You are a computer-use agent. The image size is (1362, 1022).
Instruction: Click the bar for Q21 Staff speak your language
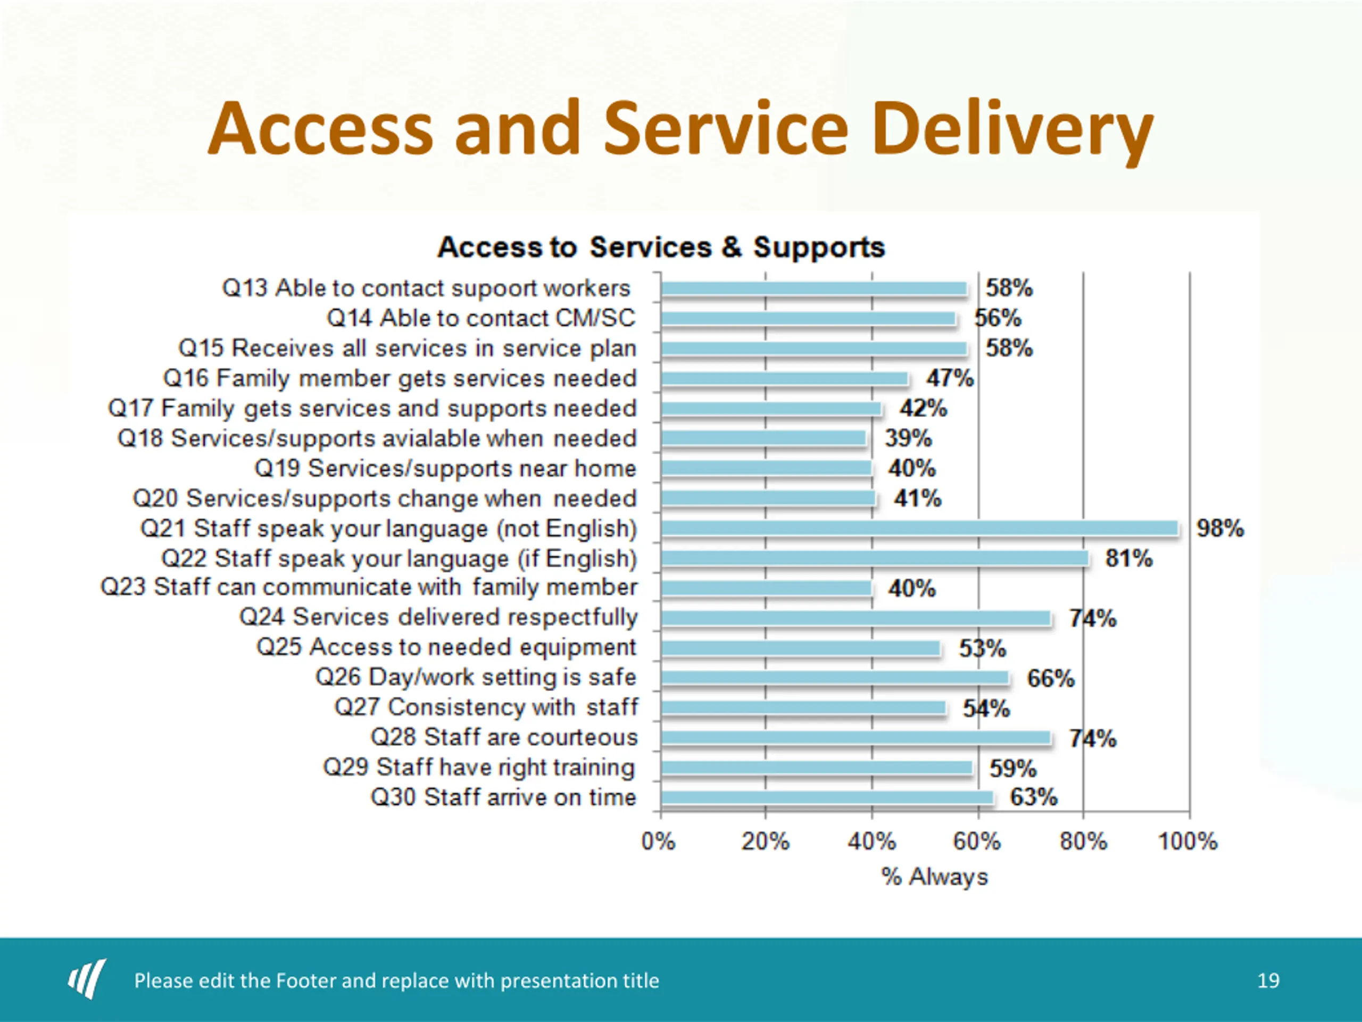[919, 528]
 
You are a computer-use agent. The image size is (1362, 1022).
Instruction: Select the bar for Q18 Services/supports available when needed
[763, 438]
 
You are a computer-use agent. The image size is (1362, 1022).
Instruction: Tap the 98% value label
[1220, 529]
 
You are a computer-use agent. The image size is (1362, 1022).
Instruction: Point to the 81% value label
[1128, 559]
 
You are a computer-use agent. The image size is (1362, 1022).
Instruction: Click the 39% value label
[908, 438]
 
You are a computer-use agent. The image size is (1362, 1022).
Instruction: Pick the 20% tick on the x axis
[765, 842]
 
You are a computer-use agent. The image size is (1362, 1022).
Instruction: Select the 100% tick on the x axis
[1187, 842]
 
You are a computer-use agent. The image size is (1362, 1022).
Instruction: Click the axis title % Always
[934, 877]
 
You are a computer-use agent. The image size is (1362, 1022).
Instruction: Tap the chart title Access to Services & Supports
[661, 247]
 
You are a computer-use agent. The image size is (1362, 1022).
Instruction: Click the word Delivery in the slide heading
[1012, 130]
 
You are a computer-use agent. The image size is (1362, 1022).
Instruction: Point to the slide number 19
[1268, 980]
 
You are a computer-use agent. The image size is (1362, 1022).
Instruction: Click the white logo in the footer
[87, 978]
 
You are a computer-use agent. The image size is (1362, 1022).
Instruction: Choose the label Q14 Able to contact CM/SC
[481, 318]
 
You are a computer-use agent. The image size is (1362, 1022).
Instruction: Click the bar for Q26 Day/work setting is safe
[835, 678]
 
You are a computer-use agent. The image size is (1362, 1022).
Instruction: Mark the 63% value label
[1033, 797]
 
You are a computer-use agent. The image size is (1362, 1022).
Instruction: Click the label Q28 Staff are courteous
[504, 737]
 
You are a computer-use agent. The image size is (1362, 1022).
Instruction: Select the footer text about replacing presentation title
[396, 980]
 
